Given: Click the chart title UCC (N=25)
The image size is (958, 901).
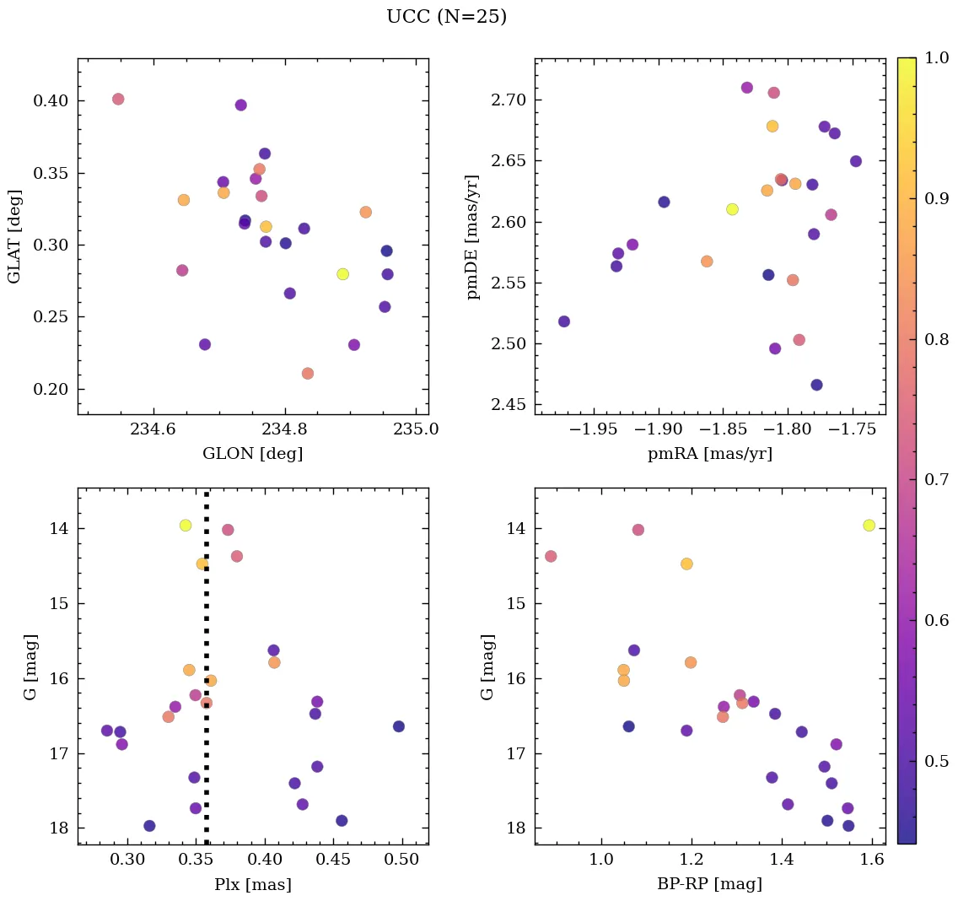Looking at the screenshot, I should coord(446,17).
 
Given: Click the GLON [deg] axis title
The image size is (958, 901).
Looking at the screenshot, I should coord(252,454).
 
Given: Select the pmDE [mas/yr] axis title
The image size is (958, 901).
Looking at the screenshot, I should coord(473,237).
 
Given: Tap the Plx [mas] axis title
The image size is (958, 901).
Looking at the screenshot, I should coord(252,884).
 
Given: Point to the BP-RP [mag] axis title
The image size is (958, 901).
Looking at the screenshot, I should coord(709,884).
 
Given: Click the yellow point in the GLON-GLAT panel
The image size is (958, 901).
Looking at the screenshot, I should coord(342,274).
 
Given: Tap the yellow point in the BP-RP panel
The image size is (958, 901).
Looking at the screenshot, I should coord(869,525).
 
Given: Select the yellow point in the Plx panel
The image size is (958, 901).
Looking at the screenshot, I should coord(186,525).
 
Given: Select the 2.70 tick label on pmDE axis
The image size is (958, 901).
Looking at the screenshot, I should coord(509,100).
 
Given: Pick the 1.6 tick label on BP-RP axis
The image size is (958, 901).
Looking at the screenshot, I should coord(872,859).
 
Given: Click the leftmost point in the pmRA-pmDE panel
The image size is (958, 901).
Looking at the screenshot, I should coord(563,321).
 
